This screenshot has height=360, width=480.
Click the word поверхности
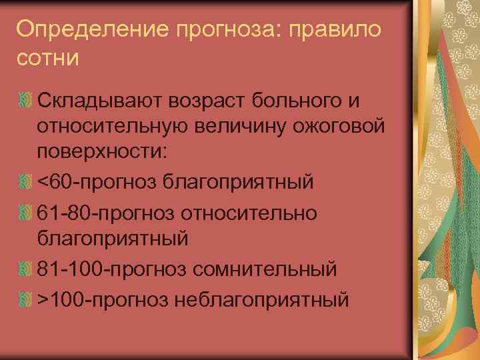103,151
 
